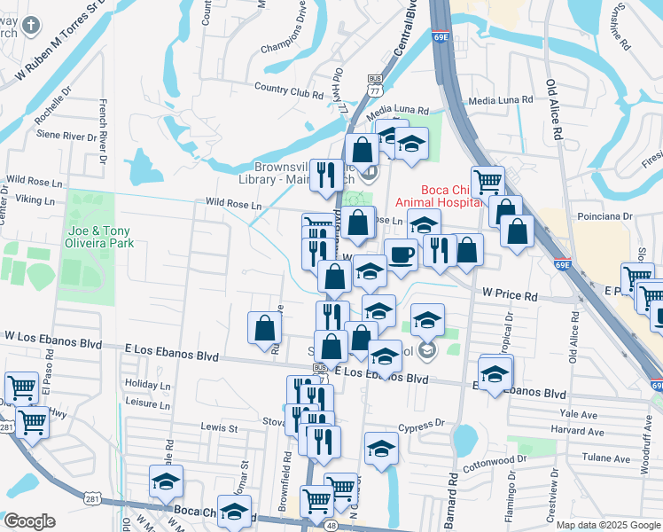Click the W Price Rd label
(x=510, y=293)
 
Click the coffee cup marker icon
(x=401, y=254)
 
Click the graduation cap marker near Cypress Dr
(x=381, y=448)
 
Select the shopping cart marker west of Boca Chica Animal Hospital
(x=487, y=182)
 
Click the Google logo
(x=29, y=521)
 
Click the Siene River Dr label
(x=66, y=137)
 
